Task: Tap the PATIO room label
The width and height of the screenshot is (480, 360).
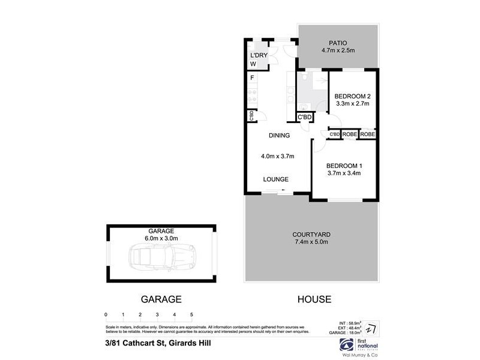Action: (x=339, y=43)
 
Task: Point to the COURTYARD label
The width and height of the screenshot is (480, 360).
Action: (x=311, y=235)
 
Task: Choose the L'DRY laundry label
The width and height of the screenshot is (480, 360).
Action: (x=258, y=56)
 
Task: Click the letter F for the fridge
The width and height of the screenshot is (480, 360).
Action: (x=253, y=78)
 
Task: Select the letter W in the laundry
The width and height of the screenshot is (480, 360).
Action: (x=253, y=64)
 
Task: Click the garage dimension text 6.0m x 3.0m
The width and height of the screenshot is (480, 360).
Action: (x=161, y=238)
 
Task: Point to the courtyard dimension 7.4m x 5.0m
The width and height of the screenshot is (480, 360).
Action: (x=311, y=242)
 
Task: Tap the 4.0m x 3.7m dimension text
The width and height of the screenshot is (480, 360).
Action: (x=277, y=157)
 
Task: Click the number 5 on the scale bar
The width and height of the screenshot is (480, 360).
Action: (x=191, y=314)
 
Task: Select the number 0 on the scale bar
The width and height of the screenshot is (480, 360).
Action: (x=106, y=314)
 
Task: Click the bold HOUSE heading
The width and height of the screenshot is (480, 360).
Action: (x=314, y=298)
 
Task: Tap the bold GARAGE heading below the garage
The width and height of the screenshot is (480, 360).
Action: (x=161, y=298)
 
